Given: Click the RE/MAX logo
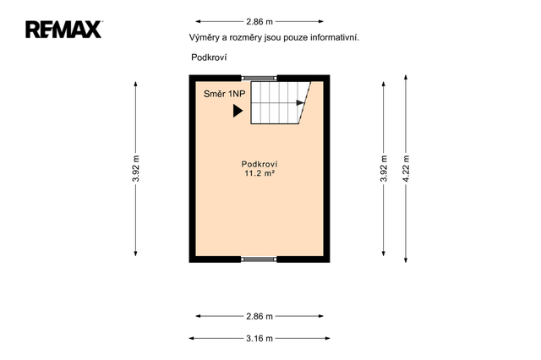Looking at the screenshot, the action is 64,30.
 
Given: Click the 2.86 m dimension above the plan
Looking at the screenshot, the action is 260,22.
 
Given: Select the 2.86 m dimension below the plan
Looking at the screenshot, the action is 260,316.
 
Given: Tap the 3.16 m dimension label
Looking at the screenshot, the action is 260,339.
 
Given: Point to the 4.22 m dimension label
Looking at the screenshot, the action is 406,169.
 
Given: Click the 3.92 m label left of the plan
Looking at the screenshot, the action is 136,169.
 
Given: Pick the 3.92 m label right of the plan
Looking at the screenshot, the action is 384,169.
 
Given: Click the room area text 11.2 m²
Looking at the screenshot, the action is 260,173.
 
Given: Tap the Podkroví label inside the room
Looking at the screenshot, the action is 260,164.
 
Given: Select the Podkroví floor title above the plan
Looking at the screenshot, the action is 209,57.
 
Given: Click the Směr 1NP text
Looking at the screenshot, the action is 224,94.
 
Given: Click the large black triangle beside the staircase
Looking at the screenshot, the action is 238,111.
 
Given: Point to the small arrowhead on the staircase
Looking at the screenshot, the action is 300,103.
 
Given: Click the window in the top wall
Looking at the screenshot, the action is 259,79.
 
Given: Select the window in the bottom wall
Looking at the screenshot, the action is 259,259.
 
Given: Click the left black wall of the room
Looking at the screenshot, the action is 192,169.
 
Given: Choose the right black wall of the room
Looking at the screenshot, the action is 327,169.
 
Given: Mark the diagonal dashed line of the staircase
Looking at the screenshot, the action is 304,103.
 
